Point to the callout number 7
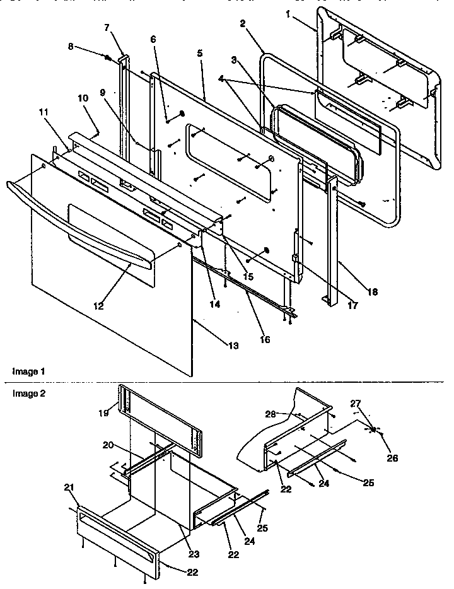coord(107,28)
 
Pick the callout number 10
coord(83,98)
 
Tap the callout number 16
coord(264,340)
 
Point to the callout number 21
coord(68,487)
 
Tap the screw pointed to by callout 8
coord(108,58)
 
